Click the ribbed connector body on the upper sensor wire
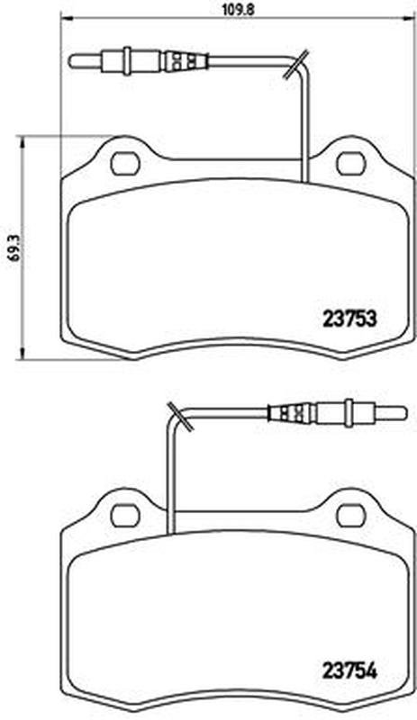pyautogui.click(x=186, y=63)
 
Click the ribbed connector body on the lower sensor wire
pyautogui.click(x=291, y=414)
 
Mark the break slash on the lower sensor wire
pyautogui.click(x=179, y=416)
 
